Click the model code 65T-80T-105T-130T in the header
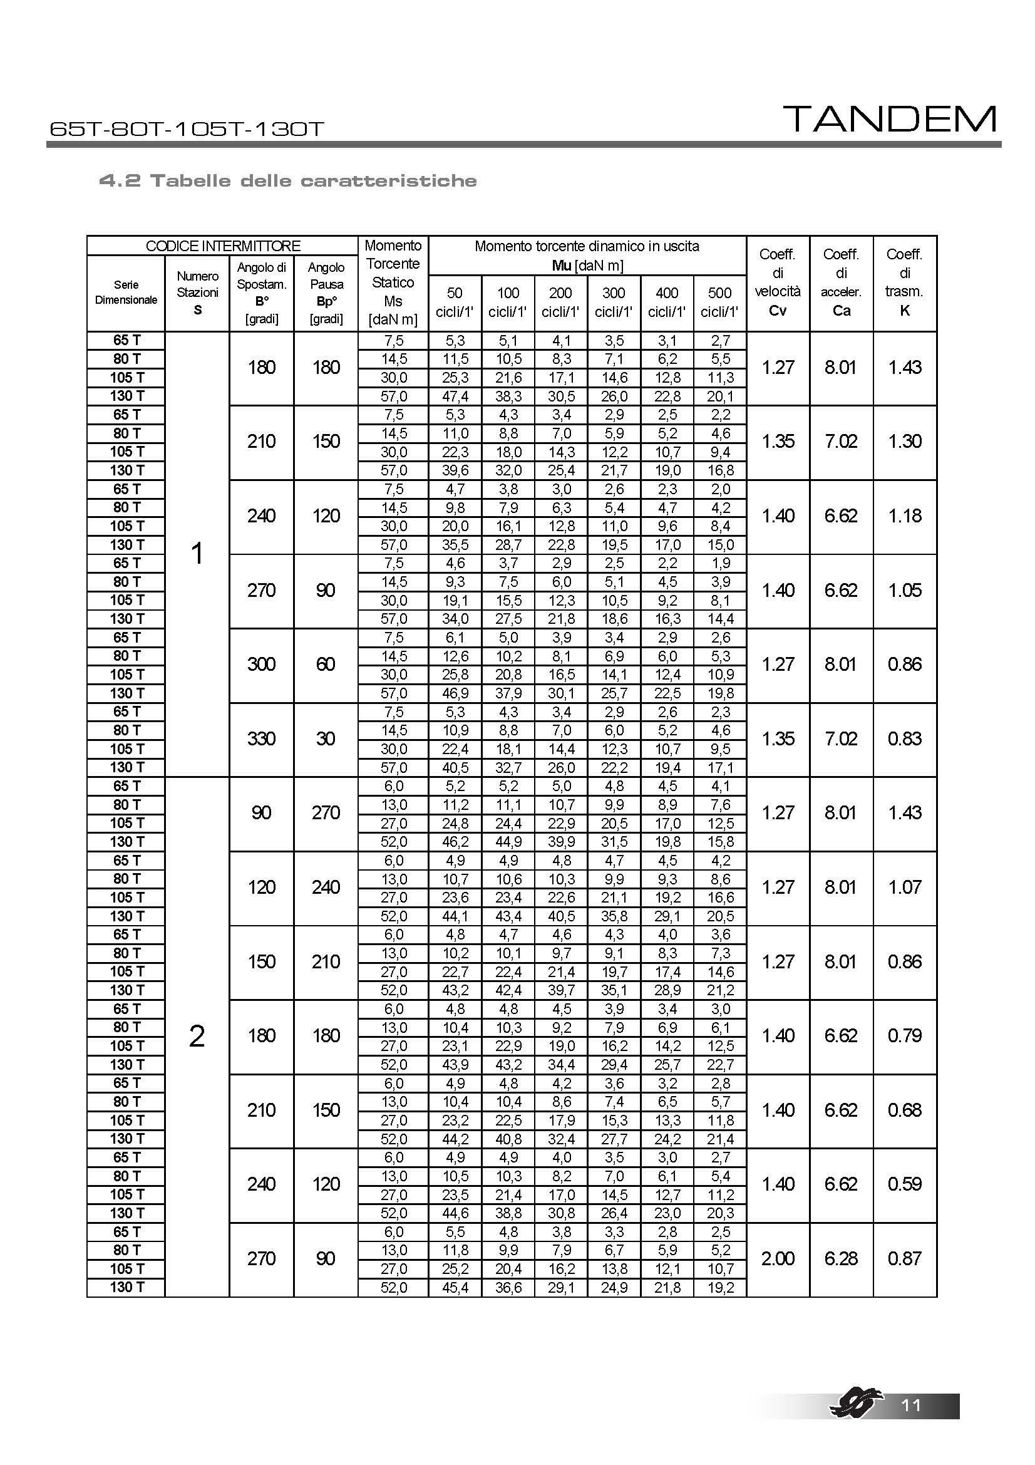pos(186,129)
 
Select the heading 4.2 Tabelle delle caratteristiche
pos(287,180)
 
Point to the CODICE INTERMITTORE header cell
pos(222,246)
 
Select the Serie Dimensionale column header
pos(126,292)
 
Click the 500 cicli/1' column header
pos(719,302)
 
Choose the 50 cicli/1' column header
pos(455,302)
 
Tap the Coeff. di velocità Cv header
pos(778,282)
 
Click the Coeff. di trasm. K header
pos(904,282)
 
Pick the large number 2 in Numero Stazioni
pos(197,1036)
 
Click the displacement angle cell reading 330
pos(262,739)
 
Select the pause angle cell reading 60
pos(326,664)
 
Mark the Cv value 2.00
pos(778,1258)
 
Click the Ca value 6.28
pos(840,1258)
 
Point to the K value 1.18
pos(904,515)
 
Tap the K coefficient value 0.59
pos(904,1184)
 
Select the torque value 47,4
pos(455,396)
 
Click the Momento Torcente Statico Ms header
pos(393,282)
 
